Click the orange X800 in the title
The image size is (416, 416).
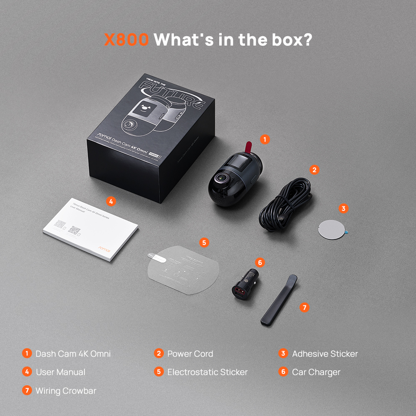pyautogui.click(x=126, y=40)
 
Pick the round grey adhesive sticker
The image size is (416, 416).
pyautogui.click(x=332, y=228)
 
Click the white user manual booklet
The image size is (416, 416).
pyautogui.click(x=91, y=230)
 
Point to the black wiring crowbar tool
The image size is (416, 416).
pyautogui.click(x=279, y=300)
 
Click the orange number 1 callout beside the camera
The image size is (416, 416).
pyautogui.click(x=265, y=139)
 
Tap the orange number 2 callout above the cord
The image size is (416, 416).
pyautogui.click(x=314, y=169)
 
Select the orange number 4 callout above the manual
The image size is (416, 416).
pyautogui.click(x=110, y=201)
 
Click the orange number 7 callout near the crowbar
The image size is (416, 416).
pyautogui.click(x=305, y=307)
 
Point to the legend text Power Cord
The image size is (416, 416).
pyautogui.click(x=190, y=354)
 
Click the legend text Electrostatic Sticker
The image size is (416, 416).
pyautogui.click(x=207, y=372)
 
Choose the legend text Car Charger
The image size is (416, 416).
pyautogui.click(x=316, y=372)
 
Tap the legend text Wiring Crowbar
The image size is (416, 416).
pyautogui.click(x=66, y=391)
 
